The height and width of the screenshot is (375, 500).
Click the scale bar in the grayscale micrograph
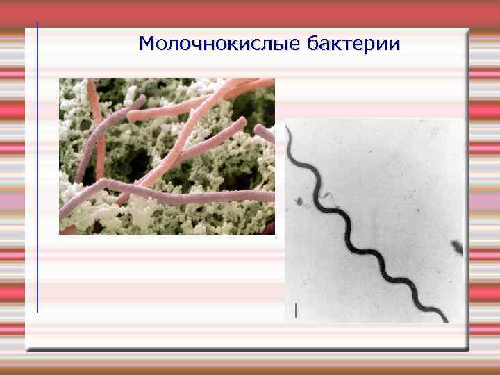pos(297,310)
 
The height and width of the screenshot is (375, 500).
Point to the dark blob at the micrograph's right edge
pos(457,246)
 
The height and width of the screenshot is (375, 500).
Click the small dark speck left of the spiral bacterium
pos(299,202)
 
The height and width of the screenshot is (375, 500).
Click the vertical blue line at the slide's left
pos(37,167)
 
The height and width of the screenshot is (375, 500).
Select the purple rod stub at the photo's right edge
pos(267,133)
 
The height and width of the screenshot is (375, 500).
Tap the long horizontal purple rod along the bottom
pos(174,197)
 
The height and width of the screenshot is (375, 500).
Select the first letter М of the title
pos(147,44)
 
